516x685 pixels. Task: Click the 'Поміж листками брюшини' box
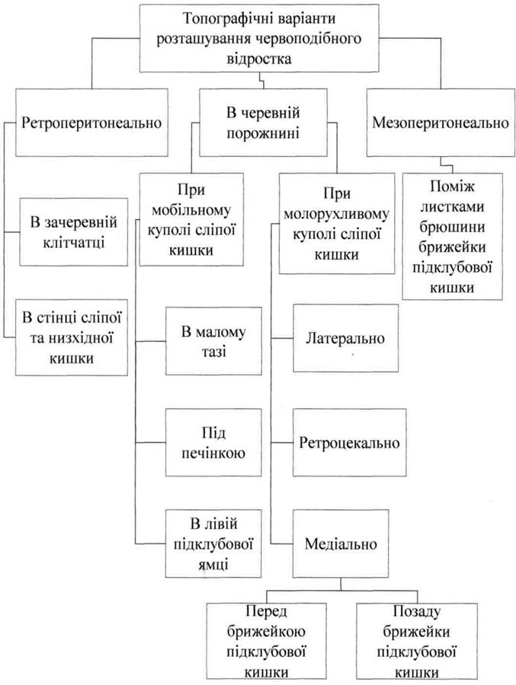click(x=453, y=234)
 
